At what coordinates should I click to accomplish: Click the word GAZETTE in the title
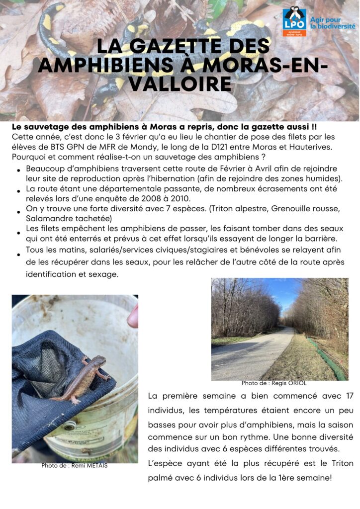(184, 46)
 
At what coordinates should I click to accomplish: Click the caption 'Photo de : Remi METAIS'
(74, 466)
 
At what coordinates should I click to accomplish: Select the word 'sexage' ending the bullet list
(105, 274)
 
